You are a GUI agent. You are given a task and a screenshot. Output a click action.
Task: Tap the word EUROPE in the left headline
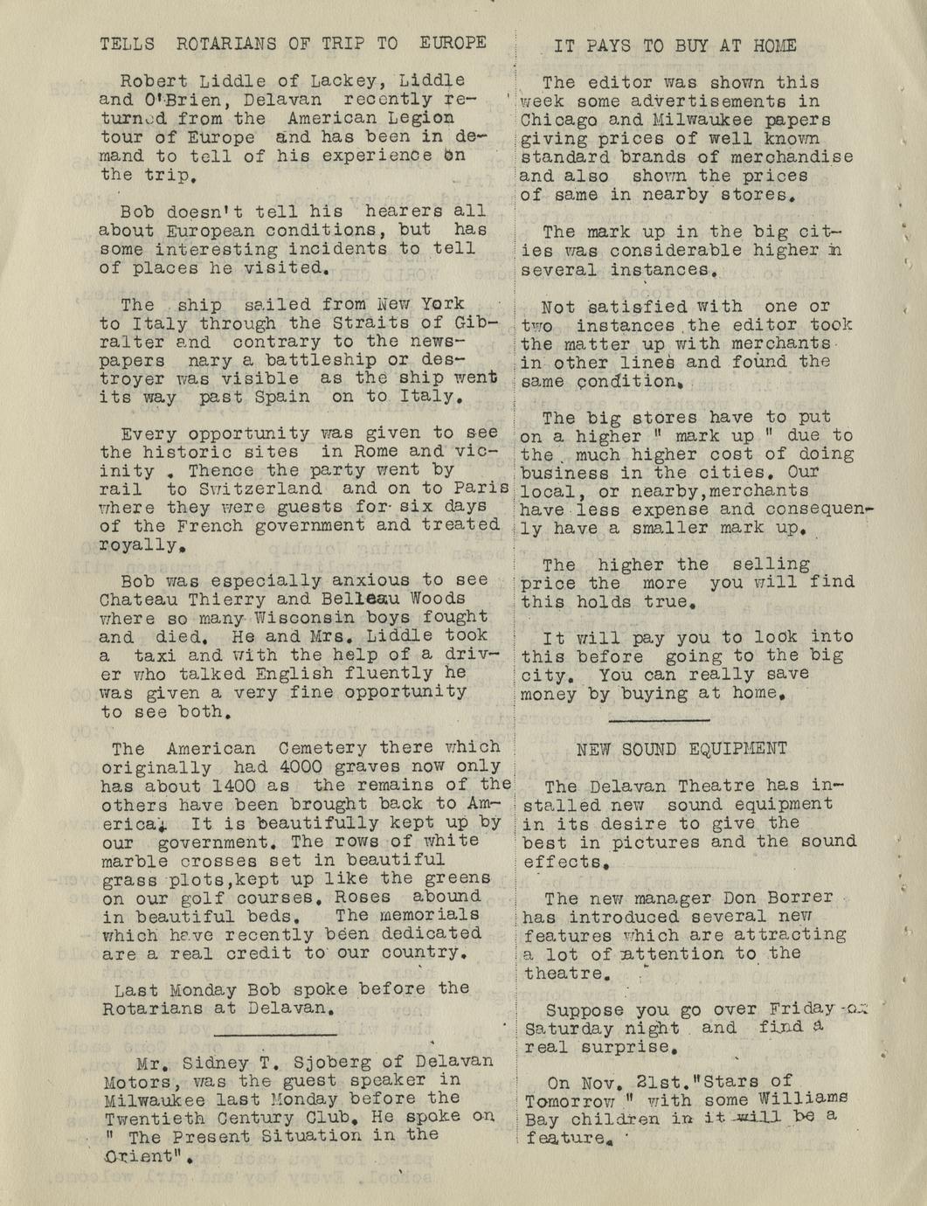[x=452, y=43]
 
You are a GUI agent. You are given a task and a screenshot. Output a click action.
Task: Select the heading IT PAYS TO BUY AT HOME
[x=674, y=46]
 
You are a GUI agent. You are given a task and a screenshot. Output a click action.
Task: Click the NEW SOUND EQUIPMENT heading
[x=681, y=749]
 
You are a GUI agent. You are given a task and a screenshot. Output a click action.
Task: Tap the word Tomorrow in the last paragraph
[x=571, y=1100]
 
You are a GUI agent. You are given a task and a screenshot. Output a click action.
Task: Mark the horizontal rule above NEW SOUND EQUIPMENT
[x=659, y=720]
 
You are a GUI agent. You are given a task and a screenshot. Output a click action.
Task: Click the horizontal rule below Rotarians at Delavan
[x=276, y=1035]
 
